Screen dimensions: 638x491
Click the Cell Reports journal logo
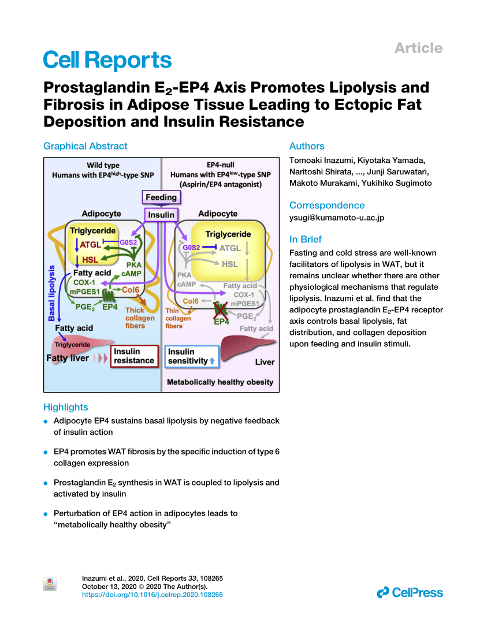pyautogui.click(x=107, y=60)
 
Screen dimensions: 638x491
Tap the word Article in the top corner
pyautogui.click(x=418, y=48)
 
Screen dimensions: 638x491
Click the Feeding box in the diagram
pyautogui.click(x=161, y=197)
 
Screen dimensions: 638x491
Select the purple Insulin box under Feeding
pyautogui.click(x=161, y=215)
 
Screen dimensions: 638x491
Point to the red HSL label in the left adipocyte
pyautogui.click(x=90, y=260)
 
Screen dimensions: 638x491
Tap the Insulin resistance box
pyautogui.click(x=134, y=356)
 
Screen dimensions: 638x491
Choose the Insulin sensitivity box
pyautogui.click(x=192, y=356)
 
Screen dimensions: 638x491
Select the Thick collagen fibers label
pyautogui.click(x=139, y=318)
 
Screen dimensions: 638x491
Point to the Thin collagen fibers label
pyautogui.click(x=178, y=318)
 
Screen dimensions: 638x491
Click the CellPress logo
pyautogui.click(x=410, y=592)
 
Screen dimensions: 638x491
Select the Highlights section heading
pyautogui.click(x=66, y=407)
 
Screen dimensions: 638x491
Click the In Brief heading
pyautogui.click(x=306, y=239)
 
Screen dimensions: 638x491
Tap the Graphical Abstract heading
pyautogui.click(x=85, y=146)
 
